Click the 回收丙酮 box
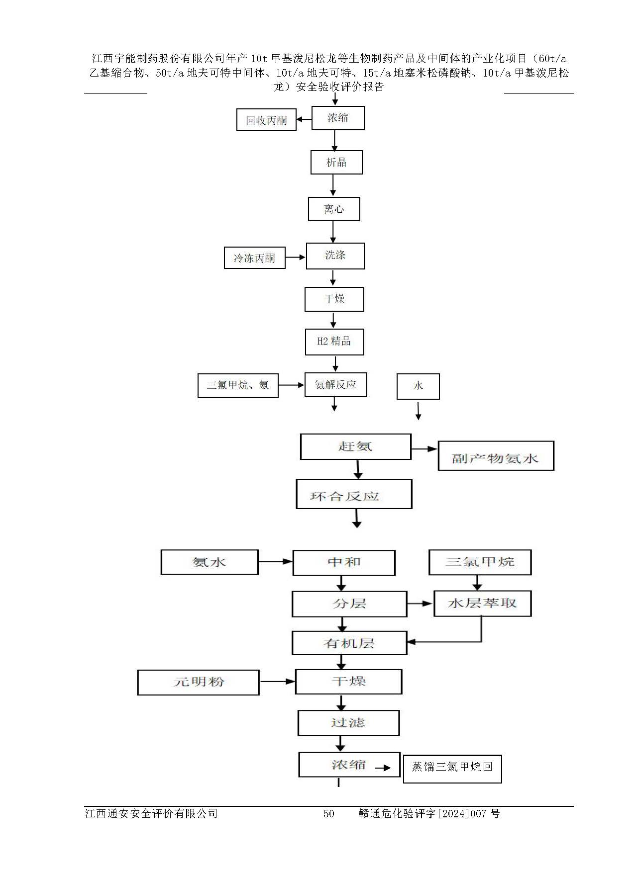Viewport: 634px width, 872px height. point(266,120)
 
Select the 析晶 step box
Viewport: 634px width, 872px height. point(336,163)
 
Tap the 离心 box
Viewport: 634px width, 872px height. point(334,209)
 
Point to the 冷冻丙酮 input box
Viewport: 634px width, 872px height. point(254,258)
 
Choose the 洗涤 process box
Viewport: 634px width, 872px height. point(335,256)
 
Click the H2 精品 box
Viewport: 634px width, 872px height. point(334,342)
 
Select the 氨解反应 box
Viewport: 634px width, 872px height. point(335,385)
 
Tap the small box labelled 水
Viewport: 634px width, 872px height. point(418,386)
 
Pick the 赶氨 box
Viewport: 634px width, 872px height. point(355,446)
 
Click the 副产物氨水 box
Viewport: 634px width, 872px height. point(496,456)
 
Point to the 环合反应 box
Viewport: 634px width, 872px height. point(354,494)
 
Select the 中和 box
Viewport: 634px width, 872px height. point(344,562)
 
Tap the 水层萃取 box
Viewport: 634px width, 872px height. point(482,604)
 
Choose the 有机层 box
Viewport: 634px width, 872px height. point(349,643)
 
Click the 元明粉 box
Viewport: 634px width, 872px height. point(198,682)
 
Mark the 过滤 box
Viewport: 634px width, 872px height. point(348,723)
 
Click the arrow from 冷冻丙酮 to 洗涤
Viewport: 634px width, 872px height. point(295,257)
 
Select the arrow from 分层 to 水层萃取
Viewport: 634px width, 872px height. point(420,604)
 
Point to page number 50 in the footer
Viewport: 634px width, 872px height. point(328,814)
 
